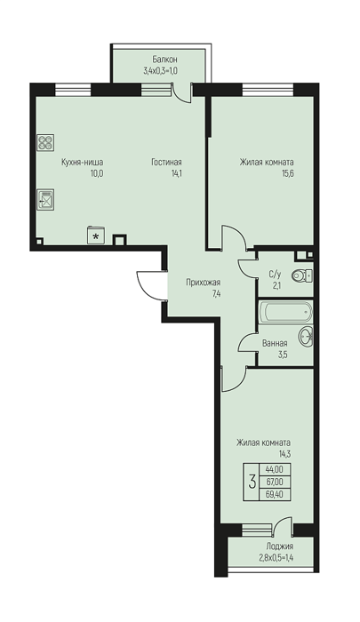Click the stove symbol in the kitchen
[x=45, y=143]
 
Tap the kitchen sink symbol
[x=45, y=199]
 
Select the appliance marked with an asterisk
[x=96, y=235]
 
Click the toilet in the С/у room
[x=301, y=275]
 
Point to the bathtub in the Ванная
[x=285, y=312]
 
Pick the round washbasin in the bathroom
[x=306, y=336]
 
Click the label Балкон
[x=164, y=60]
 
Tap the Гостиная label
[x=166, y=163]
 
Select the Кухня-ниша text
[x=82, y=163]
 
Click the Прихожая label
[x=204, y=283]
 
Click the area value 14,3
[x=285, y=454]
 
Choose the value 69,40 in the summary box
[x=275, y=494]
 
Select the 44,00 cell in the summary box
[x=275, y=470]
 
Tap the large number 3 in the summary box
[x=252, y=482]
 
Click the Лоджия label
[x=280, y=546]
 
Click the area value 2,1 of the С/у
[x=275, y=284]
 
